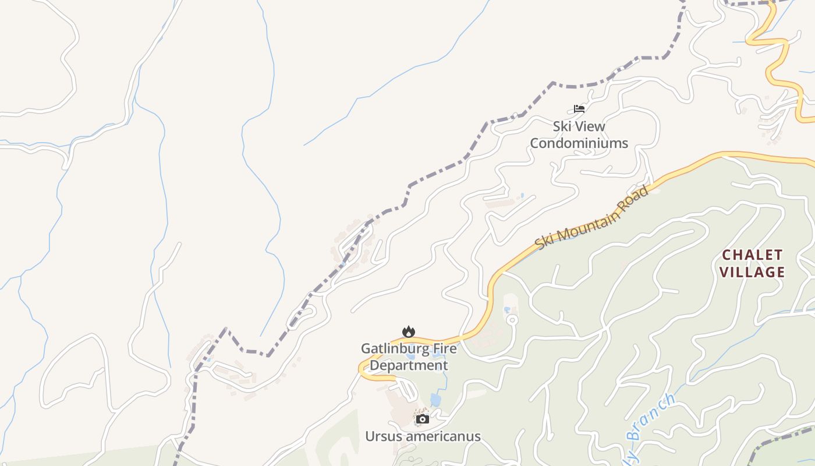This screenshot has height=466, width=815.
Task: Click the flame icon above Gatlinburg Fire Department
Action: click(x=409, y=331)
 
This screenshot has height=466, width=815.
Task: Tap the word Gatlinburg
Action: click(x=389, y=349)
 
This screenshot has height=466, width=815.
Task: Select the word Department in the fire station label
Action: click(x=409, y=366)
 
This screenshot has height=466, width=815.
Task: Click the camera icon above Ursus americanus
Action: click(x=423, y=419)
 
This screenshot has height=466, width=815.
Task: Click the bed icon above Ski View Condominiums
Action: click(x=579, y=108)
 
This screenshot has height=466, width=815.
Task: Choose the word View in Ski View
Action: click(x=591, y=126)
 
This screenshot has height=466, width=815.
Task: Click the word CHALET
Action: click(x=752, y=255)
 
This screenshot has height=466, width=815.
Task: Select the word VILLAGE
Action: click(x=752, y=272)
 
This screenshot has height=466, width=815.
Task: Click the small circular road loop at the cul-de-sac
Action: click(x=512, y=320)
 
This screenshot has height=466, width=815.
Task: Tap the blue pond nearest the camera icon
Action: click(x=435, y=400)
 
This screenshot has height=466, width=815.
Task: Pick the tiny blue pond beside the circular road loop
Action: click(x=506, y=309)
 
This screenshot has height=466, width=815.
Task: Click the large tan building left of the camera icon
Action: click(x=400, y=411)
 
